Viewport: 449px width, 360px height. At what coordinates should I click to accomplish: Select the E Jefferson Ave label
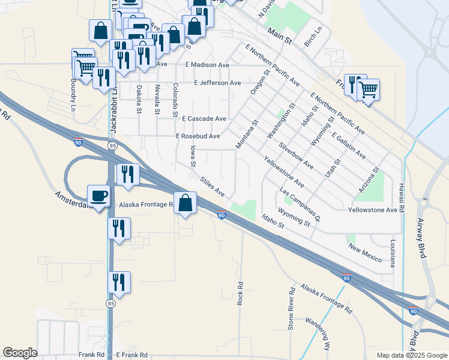217,83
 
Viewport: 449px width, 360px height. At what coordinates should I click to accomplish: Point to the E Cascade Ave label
204,119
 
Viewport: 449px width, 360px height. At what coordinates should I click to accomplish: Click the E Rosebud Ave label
197,136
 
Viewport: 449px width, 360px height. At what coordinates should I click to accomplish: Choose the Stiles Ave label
212,186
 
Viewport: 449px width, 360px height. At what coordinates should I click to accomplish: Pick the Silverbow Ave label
295,155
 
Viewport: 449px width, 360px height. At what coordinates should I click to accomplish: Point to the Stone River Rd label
291,310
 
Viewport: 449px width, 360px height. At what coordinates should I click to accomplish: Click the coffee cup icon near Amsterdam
98,196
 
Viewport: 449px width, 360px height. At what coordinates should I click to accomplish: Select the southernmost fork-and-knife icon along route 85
119,283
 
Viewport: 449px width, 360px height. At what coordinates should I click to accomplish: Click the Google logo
20,352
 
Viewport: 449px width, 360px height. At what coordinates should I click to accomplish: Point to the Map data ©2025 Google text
411,355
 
